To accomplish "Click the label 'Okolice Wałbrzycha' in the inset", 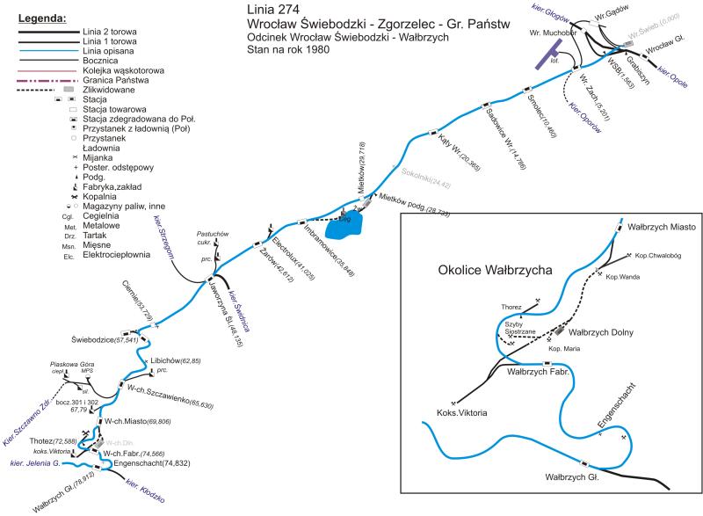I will (494, 270).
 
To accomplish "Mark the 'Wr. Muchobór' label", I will (552, 33).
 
